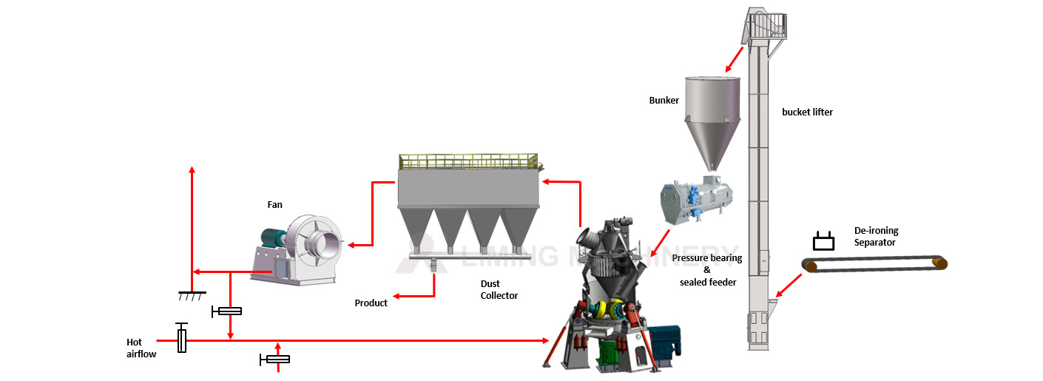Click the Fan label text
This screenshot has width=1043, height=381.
point(274,204)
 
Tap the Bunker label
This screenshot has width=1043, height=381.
point(664,100)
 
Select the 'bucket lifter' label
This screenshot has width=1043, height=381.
point(807,112)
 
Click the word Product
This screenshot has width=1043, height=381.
point(371,303)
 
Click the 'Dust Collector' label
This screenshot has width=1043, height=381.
point(499,289)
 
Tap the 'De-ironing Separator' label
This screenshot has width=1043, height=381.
point(875,237)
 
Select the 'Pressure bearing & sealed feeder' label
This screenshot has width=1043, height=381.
point(706,270)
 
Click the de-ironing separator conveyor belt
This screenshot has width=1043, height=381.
point(876,263)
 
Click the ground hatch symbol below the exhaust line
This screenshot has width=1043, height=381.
point(192,296)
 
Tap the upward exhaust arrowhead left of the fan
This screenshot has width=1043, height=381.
point(192,169)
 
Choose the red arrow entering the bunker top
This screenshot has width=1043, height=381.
point(735,58)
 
